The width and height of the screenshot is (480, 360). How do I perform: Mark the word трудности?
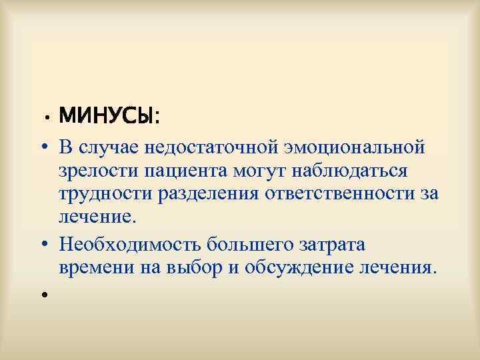[106, 195]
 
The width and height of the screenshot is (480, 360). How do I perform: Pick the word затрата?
[332, 244]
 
